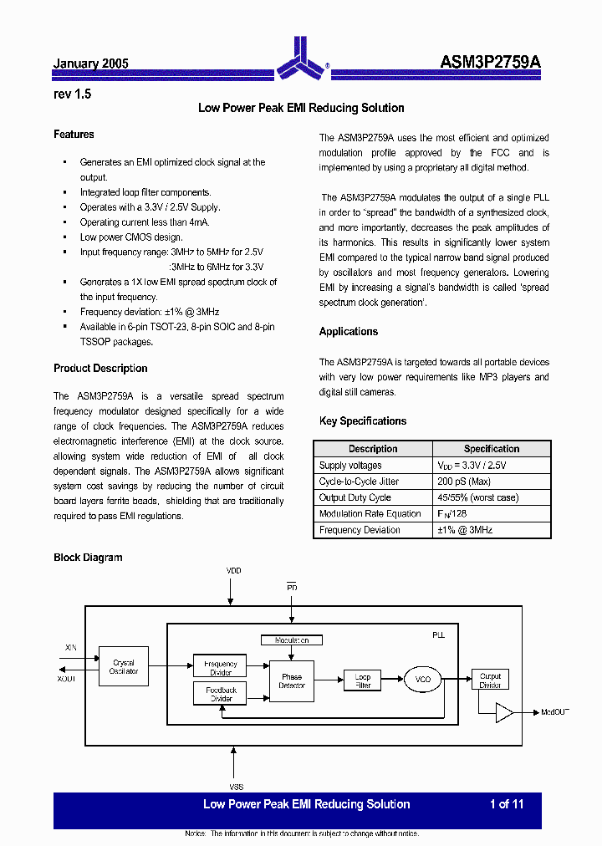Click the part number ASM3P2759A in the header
[491, 63]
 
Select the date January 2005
[90, 64]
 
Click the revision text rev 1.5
[72, 94]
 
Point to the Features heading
[74, 135]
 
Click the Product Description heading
[100, 369]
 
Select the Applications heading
[349, 332]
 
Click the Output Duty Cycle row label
[355, 497]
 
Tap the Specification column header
[492, 449]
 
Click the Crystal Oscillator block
[124, 666]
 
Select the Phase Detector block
[292, 681]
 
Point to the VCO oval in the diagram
[423, 680]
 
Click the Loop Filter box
[362, 680]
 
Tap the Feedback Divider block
[221, 694]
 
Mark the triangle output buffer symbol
[504, 712]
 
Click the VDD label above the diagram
[234, 571]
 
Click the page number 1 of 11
[507, 804]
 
